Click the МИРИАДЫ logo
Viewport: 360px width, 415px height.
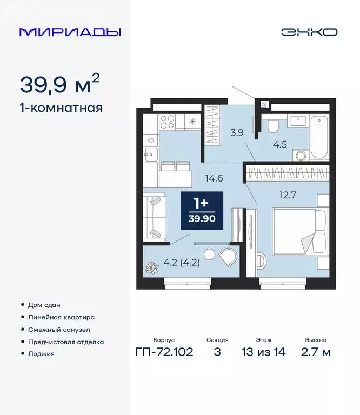tap(70, 31)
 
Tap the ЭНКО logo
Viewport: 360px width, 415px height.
tap(309, 31)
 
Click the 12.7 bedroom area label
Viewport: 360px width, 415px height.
tap(284, 196)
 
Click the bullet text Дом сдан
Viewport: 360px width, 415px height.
tap(44, 305)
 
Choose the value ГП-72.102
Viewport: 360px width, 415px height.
tap(164, 353)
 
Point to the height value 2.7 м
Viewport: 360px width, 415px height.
tap(316, 353)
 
